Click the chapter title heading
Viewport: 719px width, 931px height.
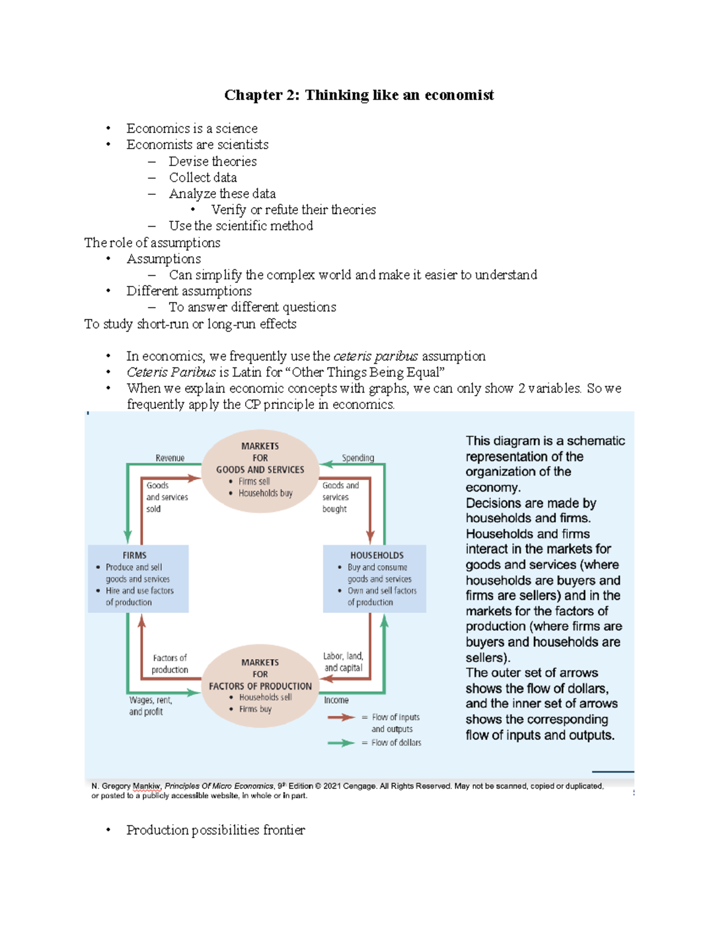click(x=359, y=95)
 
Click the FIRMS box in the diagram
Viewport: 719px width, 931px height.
click(x=138, y=579)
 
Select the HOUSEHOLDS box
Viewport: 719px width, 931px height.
click(x=374, y=579)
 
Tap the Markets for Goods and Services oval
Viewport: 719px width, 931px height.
click(x=260, y=470)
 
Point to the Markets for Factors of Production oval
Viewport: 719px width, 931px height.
click(x=260, y=685)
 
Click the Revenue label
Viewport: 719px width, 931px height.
click(x=170, y=458)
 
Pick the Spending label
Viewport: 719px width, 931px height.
click(x=358, y=458)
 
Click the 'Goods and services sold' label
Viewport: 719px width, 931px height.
click(x=167, y=497)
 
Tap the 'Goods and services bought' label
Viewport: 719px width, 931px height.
click(x=340, y=497)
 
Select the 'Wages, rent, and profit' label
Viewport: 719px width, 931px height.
click(x=150, y=706)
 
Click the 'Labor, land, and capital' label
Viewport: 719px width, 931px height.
click(x=343, y=662)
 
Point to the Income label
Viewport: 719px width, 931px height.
click(x=336, y=700)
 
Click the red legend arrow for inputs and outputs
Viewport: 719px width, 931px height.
click(x=342, y=717)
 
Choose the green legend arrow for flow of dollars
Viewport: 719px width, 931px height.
click(x=342, y=743)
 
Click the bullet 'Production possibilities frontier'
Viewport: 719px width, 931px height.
click(x=215, y=830)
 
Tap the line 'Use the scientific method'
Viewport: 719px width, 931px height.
click(x=241, y=226)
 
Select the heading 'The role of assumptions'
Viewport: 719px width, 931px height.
click(x=152, y=243)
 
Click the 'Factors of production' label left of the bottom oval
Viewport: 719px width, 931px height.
click(x=170, y=664)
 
